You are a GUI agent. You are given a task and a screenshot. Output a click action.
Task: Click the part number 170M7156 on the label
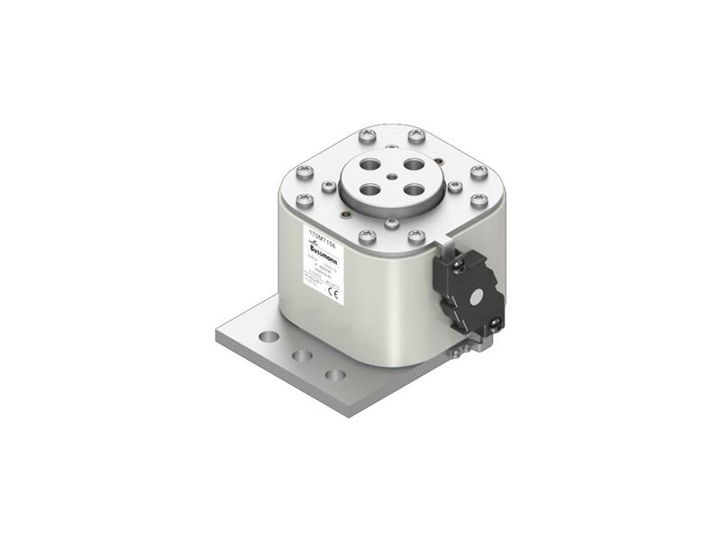point(321,234)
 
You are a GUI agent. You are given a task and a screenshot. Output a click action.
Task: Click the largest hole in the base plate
point(268,335)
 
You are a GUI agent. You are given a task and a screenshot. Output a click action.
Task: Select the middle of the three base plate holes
point(304,355)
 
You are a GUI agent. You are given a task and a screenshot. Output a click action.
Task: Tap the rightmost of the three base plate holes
point(335,373)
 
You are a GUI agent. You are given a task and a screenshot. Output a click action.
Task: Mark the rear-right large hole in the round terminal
point(413,165)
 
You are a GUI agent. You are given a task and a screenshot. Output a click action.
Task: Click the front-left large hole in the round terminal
point(370,191)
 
